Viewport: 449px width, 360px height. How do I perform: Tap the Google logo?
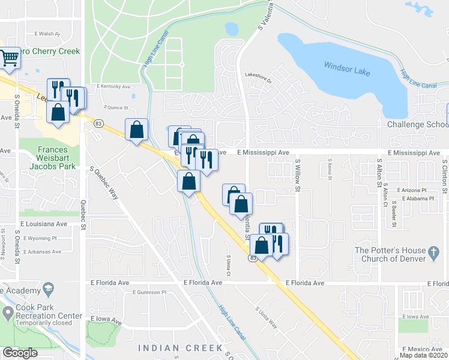tap(20, 352)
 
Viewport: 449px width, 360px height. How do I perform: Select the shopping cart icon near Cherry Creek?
tap(9, 58)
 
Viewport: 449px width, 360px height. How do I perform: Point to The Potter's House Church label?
tap(390, 254)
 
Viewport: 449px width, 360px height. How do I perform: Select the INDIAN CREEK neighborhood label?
tap(180, 348)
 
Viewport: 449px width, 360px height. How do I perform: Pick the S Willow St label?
tap(297, 176)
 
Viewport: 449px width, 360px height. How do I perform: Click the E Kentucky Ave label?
tap(113, 86)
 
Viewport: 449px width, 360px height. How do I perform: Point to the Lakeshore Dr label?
tap(258, 76)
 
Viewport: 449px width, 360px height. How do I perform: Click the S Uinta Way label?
tap(266, 317)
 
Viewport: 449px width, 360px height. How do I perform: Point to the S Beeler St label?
tap(394, 212)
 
